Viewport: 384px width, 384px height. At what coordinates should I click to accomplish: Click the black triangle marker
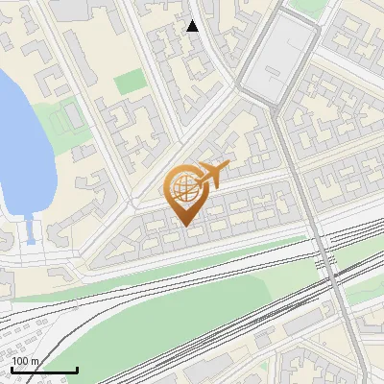click(x=193, y=26)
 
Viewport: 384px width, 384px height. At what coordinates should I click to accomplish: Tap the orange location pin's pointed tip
click(x=185, y=225)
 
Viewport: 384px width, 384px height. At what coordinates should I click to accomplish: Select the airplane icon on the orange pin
click(x=212, y=175)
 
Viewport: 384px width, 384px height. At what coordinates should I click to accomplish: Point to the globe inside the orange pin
click(x=183, y=185)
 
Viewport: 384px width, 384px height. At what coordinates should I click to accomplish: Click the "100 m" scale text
click(x=26, y=362)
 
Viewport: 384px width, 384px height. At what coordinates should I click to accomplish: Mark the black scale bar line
click(x=43, y=370)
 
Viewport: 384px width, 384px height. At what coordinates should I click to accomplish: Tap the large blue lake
click(x=17, y=134)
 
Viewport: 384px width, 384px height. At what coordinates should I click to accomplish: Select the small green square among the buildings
click(x=129, y=83)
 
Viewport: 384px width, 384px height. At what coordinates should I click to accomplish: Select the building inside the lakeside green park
click(x=69, y=117)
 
